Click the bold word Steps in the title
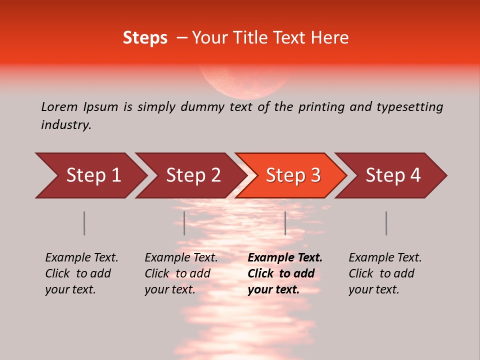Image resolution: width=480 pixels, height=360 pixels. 145,38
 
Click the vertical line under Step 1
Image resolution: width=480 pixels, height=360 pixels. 84,223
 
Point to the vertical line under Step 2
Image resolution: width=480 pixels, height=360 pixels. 184,223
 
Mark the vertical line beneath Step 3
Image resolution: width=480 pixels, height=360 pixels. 285,223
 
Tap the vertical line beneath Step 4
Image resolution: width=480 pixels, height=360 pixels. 386,223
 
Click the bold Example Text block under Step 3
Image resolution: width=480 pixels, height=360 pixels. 285,273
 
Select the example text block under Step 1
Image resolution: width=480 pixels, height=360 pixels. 81,273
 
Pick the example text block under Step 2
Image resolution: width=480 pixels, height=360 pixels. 181,273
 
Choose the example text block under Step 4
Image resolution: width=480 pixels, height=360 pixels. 385,273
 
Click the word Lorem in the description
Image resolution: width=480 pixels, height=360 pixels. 59,106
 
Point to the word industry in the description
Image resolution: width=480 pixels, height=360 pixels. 66,125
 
